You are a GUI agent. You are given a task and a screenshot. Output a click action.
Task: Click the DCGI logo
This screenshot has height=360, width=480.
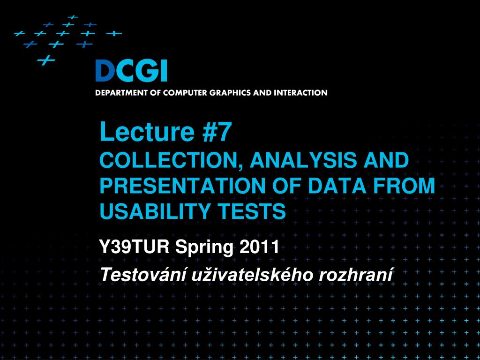[131, 71]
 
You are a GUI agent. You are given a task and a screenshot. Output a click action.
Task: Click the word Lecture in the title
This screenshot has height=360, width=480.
[147, 132]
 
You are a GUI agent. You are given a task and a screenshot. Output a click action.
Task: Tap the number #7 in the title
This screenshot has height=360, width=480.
[216, 132]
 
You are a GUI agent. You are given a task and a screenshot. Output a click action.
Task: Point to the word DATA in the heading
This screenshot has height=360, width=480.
[337, 186]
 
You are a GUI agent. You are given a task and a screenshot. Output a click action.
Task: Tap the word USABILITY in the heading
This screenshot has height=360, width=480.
[155, 211]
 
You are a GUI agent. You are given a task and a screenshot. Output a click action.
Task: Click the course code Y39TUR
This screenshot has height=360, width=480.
[135, 247]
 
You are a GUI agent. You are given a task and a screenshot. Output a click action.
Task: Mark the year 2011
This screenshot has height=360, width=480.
[259, 247]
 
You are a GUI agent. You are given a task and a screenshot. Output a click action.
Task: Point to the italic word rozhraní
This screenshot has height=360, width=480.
[356, 274]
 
